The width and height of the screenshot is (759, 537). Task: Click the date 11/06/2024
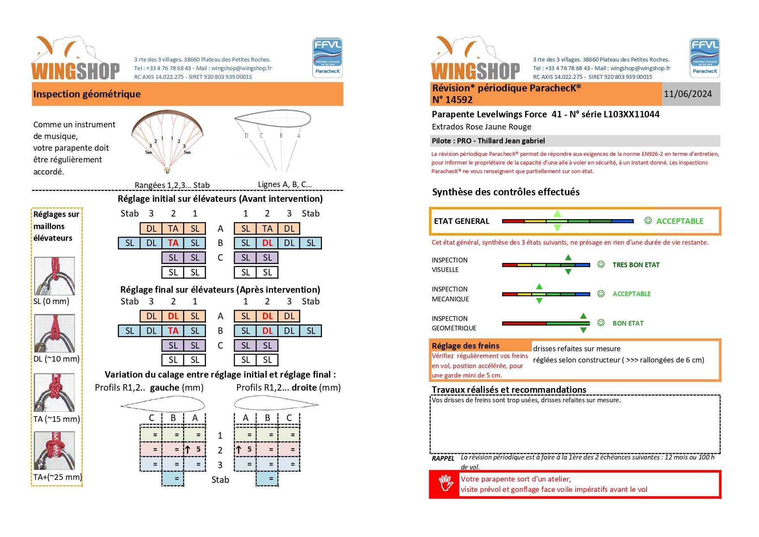pos(688,94)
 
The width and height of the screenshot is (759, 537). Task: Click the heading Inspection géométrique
pos(87,94)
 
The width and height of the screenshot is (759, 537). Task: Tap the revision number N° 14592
pos(452,100)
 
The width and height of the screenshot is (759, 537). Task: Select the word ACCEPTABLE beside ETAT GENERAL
pos(679,221)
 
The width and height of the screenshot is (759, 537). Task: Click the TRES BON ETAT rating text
pos(636,265)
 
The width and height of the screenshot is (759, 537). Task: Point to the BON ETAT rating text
pos(628,323)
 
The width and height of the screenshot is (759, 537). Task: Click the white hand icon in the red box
pos(445,484)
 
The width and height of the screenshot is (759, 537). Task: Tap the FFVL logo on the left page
pos(328,58)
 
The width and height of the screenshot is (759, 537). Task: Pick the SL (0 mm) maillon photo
pos(55,276)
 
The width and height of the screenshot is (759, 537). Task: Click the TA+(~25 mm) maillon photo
pos(55,450)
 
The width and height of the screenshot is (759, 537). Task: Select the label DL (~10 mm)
pos(56,359)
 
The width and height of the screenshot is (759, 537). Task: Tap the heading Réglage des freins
pos(465,346)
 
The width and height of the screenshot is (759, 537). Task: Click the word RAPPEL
pos(443,459)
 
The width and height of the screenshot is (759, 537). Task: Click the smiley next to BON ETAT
pos(601,323)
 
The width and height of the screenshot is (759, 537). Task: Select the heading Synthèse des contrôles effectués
pos(505,192)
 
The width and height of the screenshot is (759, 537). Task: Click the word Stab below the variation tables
pos(220,480)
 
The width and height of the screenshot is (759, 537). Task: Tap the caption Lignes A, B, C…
pos(285,184)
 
